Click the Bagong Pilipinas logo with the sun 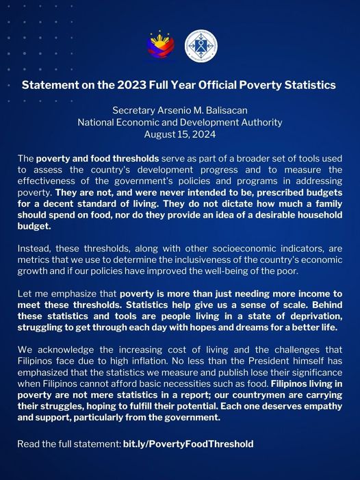[160, 45]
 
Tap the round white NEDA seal [201, 45]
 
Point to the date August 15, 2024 [180, 134]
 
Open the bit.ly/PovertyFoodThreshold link [188, 444]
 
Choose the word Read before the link [29, 444]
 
